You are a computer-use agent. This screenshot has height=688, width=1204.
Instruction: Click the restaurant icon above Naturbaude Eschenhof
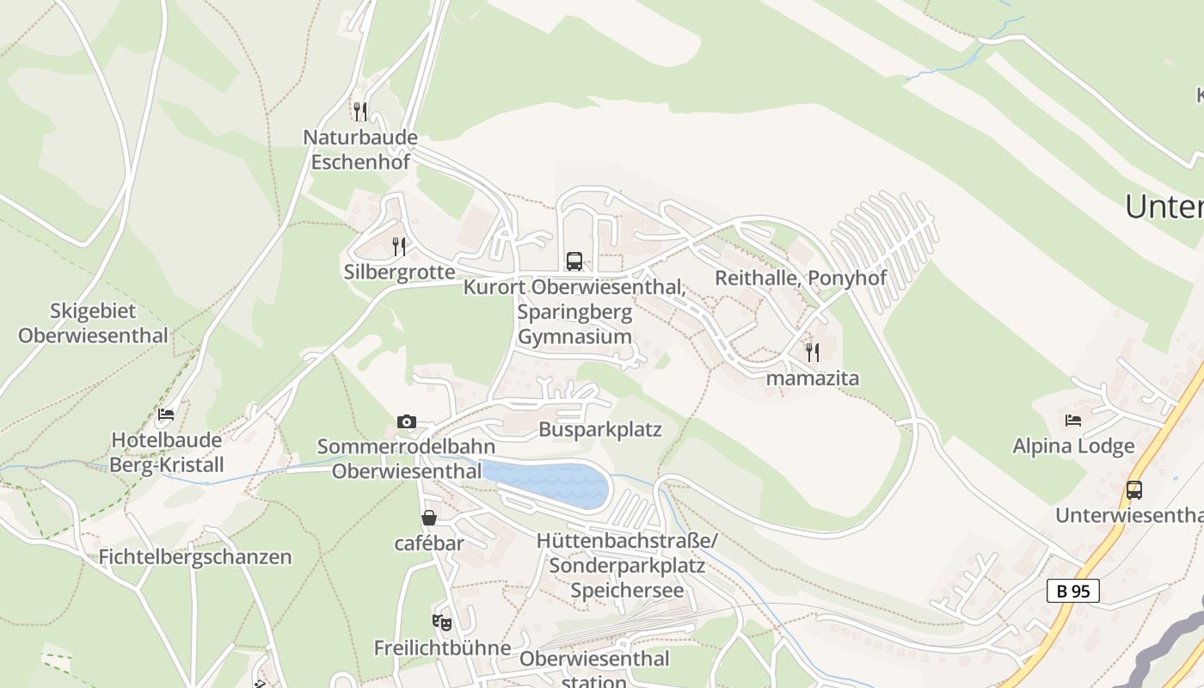coord(360,111)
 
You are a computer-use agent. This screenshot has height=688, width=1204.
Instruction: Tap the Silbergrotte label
coord(399,273)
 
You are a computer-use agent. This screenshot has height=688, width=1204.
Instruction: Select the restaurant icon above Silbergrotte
coord(399,247)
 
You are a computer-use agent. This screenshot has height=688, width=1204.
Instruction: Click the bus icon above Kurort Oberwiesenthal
coord(574,261)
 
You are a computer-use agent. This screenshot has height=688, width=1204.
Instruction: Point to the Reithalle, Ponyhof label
coord(800,279)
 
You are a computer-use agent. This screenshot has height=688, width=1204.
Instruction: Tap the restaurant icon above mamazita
coord(812,352)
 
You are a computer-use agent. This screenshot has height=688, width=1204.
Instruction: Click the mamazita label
coord(812,378)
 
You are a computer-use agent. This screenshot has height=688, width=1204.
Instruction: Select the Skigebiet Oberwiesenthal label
coord(93,323)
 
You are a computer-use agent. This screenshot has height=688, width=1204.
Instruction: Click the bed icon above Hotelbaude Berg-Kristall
coord(166,415)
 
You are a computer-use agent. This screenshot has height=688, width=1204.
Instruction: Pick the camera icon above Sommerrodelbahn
coord(407,421)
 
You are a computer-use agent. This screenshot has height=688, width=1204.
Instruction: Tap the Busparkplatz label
coord(600,429)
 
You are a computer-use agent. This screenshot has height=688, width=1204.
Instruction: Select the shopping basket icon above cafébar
coord(429,518)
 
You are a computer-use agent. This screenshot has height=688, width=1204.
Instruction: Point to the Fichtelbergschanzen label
coord(195,557)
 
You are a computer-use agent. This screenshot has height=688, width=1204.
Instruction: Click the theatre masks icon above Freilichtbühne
coord(442,622)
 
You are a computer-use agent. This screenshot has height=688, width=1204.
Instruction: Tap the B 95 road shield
coord(1072,591)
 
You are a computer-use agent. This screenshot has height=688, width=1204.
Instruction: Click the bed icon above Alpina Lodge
coord(1073,421)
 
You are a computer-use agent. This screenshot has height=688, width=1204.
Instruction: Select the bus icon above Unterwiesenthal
coord(1134,490)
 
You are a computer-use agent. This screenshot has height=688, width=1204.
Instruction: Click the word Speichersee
coord(627,591)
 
